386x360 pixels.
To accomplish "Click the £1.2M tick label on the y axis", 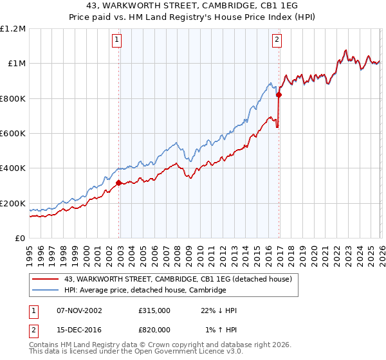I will pos(13,29).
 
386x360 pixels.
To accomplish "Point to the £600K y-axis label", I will pos(13,134).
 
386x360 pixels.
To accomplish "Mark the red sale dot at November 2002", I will pos(119,183).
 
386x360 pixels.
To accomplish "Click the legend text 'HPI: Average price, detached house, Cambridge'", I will pos(145,291).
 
